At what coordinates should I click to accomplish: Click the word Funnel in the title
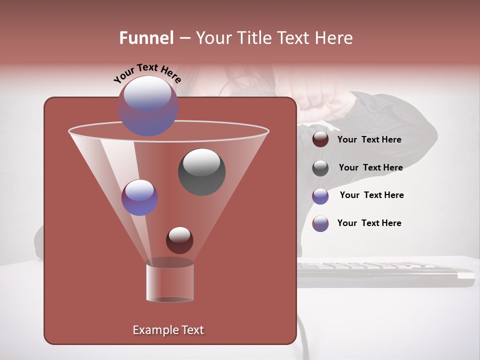pos(146,38)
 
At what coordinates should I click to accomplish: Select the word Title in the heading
pos(254,38)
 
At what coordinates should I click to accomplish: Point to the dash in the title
pos(184,38)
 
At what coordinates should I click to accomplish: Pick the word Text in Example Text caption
pos(191,330)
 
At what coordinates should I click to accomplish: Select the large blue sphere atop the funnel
pos(147,106)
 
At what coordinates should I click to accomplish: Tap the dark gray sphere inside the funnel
pos(201,172)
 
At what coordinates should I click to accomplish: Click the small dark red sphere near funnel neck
pos(179,240)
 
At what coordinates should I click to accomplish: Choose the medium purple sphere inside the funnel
pos(139,197)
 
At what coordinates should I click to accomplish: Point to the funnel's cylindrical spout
pos(169,282)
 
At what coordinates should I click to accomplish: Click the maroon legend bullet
pos(320,139)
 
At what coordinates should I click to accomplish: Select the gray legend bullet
pos(320,168)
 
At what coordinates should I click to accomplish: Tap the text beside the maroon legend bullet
pos(369,140)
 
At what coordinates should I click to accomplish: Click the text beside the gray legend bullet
pos(370,168)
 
